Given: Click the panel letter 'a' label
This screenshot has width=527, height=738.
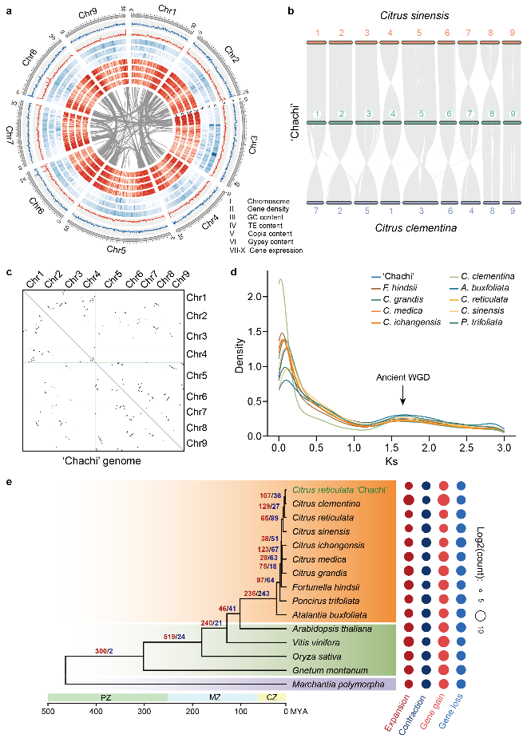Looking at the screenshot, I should click(x=6, y=9).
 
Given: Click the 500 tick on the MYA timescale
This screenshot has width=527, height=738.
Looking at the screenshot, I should click(x=48, y=710).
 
